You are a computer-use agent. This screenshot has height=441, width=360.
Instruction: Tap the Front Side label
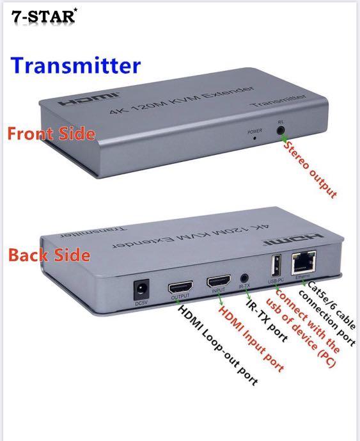[51, 134]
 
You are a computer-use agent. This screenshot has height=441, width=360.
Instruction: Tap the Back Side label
[49, 255]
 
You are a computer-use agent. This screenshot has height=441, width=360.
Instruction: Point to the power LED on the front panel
[254, 137]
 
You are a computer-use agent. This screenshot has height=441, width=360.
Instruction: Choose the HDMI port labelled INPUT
[217, 282]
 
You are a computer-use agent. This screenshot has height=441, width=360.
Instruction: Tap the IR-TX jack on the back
[244, 279]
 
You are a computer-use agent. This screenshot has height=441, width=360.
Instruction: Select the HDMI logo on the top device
[77, 103]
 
